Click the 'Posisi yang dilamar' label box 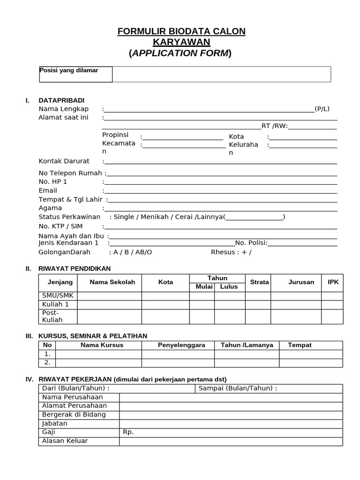(75, 74)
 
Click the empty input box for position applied (221, 74)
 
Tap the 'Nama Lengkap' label (63, 109)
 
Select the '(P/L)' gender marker (322, 109)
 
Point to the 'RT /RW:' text (275, 126)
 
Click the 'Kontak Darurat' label (64, 161)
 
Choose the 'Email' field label (48, 190)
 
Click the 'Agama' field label (50, 208)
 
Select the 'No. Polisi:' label (251, 242)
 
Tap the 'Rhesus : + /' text (231, 252)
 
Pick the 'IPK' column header (333, 282)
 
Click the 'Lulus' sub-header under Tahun (229, 286)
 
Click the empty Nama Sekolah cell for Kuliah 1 (109, 305)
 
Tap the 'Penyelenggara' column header (181, 345)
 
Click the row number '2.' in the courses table (47, 362)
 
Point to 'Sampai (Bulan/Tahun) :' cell (238, 388)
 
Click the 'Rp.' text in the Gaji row (128, 432)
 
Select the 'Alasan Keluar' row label (65, 441)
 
